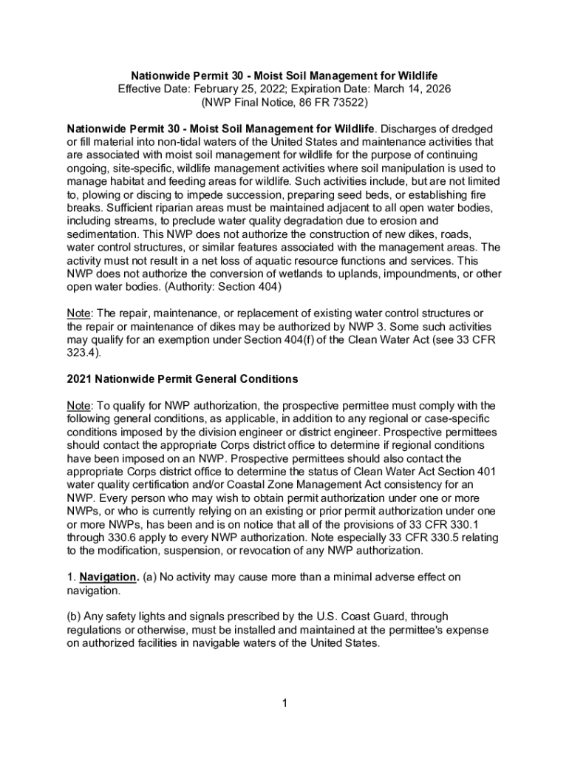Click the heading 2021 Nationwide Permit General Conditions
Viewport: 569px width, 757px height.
(x=182, y=379)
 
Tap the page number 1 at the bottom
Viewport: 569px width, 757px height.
(x=284, y=703)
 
